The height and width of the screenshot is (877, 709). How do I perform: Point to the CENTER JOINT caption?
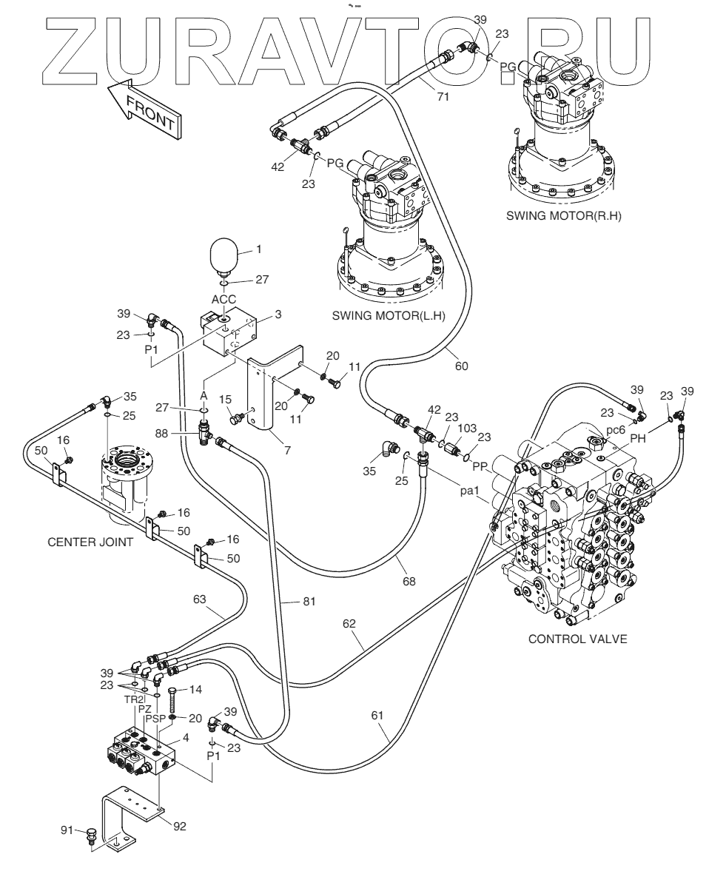tap(90, 542)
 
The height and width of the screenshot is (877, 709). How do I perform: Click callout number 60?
tap(461, 364)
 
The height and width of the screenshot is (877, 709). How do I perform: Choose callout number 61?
tap(379, 716)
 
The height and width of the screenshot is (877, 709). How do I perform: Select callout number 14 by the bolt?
tap(196, 690)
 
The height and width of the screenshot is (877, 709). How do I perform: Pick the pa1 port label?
tap(471, 490)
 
